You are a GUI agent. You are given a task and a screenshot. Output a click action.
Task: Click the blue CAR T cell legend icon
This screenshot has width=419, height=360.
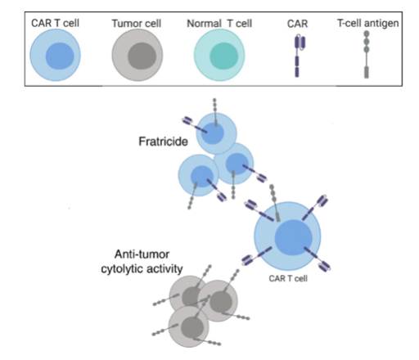point(55,55)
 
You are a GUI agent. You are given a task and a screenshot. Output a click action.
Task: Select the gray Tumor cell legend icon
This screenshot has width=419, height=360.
point(137,55)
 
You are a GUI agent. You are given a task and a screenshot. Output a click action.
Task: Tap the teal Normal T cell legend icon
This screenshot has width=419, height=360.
point(219,55)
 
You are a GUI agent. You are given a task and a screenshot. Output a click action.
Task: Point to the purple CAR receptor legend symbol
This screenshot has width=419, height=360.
point(300,56)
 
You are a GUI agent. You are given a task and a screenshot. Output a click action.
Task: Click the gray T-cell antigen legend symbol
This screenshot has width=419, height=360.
point(367,55)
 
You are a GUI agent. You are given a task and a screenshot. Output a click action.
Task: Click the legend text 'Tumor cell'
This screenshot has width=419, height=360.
point(137,24)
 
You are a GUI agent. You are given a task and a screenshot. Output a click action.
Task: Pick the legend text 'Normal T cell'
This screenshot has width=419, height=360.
point(219,24)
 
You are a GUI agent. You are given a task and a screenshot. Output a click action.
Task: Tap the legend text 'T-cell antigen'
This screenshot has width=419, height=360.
point(367,23)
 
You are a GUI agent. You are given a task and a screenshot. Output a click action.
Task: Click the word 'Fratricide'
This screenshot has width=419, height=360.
point(163,142)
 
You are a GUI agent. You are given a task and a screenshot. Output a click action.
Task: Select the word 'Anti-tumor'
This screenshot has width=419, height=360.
point(142,254)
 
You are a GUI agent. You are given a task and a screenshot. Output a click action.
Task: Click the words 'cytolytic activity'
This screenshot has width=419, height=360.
point(142,269)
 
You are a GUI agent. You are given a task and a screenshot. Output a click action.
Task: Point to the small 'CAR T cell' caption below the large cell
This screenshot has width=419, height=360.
point(288,278)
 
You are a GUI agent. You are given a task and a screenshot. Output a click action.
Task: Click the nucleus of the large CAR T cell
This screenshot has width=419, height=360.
point(293,237)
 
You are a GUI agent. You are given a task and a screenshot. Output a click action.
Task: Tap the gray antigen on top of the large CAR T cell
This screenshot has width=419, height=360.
point(275,203)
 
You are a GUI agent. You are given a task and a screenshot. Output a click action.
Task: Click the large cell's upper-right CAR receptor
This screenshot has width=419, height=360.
point(315,207)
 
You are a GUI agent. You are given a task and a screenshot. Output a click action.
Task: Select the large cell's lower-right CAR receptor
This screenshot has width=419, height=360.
point(318,259)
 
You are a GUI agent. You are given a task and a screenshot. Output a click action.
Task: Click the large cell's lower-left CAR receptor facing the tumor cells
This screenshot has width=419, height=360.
point(257,256)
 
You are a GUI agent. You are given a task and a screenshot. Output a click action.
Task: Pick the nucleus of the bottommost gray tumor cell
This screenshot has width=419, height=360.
point(192,327)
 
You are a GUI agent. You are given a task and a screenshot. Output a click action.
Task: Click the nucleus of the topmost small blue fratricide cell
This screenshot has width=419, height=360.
point(213,133)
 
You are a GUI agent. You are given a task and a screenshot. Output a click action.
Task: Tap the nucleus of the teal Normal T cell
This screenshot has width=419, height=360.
point(224,56)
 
